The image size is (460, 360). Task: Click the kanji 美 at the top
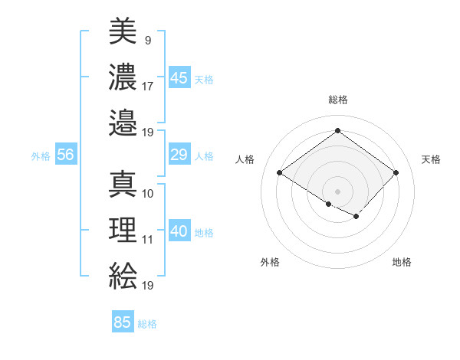[x=123, y=31]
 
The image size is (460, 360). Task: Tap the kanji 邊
[x=123, y=122]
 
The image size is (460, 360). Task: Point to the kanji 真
[x=123, y=184]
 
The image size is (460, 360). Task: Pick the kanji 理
[x=123, y=230]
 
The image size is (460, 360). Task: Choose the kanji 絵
[x=123, y=276]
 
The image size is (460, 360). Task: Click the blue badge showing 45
[x=179, y=77]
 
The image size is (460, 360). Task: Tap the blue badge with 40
[x=179, y=231]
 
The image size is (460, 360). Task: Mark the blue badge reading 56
[x=66, y=155]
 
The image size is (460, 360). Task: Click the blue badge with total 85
[x=123, y=322]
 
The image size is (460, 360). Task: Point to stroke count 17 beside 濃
[x=148, y=87]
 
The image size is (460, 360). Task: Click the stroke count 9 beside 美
[x=146, y=39]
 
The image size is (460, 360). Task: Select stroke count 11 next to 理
[x=148, y=240]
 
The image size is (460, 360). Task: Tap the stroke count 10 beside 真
[x=148, y=193]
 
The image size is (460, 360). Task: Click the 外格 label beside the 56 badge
[x=41, y=155]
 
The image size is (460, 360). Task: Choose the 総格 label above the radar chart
[x=337, y=100]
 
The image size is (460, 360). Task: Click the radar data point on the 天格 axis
[x=396, y=173]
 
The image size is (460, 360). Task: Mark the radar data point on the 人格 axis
[x=280, y=173]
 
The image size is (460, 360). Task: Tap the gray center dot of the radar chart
[x=337, y=191]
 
